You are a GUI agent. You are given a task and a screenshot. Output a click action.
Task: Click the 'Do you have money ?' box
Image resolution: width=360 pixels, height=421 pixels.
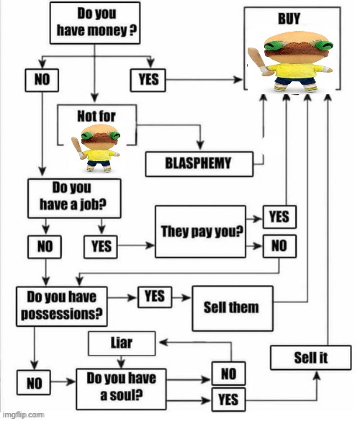95,23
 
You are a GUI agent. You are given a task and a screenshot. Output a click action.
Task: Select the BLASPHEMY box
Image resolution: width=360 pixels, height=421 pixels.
199,164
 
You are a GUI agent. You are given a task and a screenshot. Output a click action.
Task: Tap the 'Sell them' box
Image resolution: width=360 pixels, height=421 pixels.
233,308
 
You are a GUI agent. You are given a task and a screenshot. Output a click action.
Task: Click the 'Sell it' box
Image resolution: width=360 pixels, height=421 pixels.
310,358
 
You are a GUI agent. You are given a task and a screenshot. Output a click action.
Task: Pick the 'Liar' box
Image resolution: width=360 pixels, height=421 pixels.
122,343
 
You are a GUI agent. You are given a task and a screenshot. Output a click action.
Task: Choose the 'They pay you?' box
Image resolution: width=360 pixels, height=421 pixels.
200,232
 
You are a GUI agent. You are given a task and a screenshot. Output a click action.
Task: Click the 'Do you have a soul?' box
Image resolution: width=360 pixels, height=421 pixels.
121,389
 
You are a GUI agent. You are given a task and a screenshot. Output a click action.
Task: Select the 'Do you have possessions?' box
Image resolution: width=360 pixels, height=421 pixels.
62,307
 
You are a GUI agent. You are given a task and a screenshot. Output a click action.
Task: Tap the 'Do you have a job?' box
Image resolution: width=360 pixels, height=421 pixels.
74,198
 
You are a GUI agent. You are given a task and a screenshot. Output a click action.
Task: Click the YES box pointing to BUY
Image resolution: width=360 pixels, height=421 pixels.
148,81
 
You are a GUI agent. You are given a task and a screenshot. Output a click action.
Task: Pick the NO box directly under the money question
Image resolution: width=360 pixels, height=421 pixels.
42,81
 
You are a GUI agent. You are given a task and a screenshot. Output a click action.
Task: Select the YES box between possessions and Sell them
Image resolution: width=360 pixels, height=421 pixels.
155,297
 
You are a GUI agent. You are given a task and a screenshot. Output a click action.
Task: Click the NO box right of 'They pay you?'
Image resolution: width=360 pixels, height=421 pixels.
279,246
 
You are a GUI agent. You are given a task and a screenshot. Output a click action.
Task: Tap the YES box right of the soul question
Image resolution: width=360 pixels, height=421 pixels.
228,399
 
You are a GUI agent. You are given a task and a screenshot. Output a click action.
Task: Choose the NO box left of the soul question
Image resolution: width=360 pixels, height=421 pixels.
34,382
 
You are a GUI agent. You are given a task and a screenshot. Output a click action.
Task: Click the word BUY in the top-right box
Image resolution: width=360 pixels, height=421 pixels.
289,19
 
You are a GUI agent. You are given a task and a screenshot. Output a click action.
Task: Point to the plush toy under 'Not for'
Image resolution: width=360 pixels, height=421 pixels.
96,148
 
